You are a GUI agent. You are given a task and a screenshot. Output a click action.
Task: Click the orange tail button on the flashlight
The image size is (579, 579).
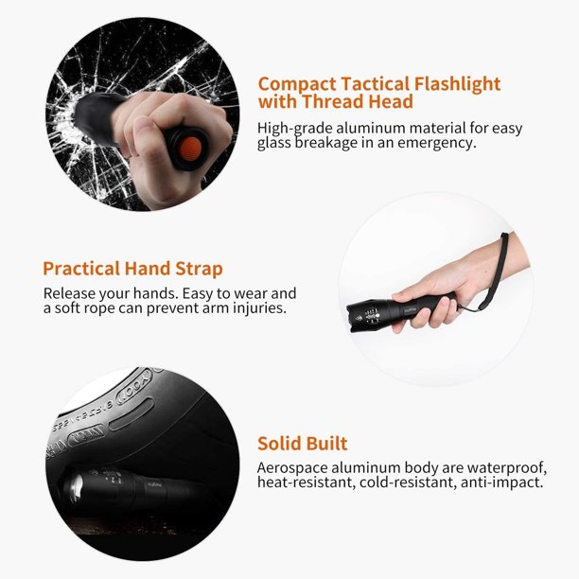190,149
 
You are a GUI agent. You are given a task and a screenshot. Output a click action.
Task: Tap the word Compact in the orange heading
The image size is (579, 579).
296,84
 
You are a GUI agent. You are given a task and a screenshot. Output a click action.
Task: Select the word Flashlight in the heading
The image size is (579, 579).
457,84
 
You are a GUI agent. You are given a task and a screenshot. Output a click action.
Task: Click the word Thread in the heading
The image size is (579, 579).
333,101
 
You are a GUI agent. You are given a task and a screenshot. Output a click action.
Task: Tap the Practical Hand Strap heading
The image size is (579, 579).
133,269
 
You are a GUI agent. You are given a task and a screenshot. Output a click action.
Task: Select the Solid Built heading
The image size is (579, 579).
303,443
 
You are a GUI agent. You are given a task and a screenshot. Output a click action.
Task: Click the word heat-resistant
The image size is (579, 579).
306,482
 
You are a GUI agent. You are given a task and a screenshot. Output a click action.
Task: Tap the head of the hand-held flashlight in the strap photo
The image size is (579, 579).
365,316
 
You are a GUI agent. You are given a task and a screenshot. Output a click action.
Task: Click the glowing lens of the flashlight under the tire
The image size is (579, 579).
76,487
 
